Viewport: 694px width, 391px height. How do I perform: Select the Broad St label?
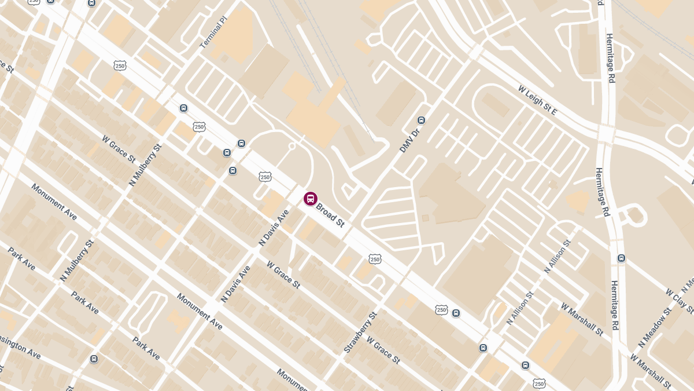pos(330,214)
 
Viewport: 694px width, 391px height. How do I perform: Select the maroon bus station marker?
pos(311,199)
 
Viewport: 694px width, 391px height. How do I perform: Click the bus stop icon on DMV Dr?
pos(421,120)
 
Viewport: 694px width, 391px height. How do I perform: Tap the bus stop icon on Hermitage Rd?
pos(621,258)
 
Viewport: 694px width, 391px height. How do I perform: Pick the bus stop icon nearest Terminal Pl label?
pos(183,108)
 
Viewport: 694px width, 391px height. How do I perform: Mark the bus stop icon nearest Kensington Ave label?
pos(94,359)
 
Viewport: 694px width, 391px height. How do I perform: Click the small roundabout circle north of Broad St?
pos(292,147)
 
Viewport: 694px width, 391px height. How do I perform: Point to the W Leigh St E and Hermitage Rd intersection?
pos(605,133)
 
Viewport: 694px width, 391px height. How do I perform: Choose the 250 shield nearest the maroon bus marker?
pos(265,176)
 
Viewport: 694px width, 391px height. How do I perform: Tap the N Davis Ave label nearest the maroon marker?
pos(274,228)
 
